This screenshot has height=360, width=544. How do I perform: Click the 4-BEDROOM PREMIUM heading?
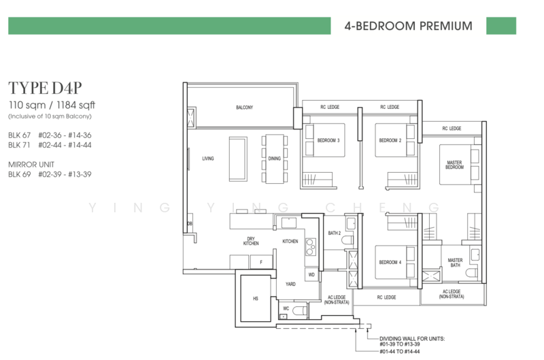409,26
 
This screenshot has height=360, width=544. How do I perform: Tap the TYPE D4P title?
45,88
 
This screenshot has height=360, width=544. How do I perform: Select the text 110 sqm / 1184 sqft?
52,105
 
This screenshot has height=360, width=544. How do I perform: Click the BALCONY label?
245,108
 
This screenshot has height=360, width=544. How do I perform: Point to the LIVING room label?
208,159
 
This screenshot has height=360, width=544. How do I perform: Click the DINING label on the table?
275,159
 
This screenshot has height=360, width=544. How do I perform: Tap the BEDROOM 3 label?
328,141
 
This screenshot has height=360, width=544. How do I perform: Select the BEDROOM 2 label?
390,141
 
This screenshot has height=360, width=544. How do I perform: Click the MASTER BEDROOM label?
454,165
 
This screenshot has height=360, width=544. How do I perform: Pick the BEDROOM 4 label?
390,263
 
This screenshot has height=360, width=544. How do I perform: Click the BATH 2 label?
335,233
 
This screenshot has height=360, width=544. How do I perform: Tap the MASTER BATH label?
455,263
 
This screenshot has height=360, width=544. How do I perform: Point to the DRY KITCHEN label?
251,242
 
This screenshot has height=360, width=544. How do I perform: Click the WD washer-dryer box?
311,275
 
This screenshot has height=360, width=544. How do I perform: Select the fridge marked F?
261,262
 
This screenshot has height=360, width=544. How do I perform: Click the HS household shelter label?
256,299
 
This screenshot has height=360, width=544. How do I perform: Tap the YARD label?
291,284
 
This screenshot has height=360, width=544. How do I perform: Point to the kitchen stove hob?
311,247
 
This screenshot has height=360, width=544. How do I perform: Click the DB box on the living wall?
190,224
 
